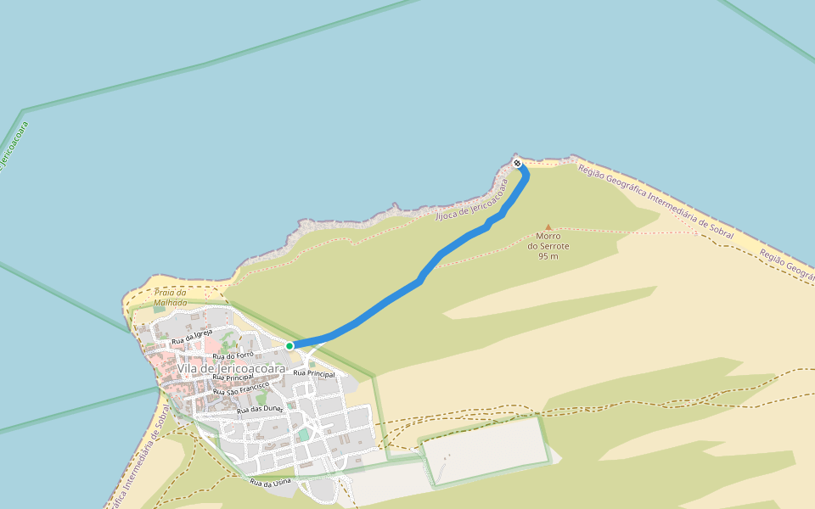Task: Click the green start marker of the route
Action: [289, 345]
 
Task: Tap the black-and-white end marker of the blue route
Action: [517, 163]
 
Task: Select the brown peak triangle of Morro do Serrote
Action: [548, 227]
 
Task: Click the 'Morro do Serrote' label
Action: [548, 241]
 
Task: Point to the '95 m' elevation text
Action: [548, 256]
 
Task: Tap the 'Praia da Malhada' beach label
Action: [171, 297]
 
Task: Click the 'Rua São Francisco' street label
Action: [241, 389]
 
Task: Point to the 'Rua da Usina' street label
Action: [270, 483]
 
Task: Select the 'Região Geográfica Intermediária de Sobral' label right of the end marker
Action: [655, 202]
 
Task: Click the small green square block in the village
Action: [303, 435]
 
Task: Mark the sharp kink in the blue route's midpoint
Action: [422, 277]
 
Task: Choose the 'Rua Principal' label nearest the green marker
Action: [313, 373]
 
